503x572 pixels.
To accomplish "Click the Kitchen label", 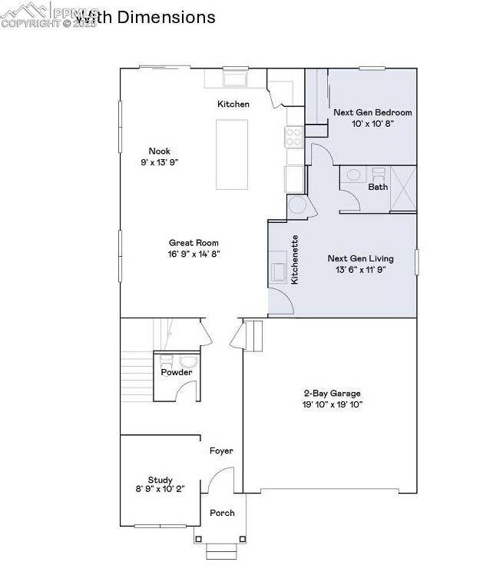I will click(x=233, y=104).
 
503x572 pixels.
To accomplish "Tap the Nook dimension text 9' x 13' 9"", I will click(x=160, y=162).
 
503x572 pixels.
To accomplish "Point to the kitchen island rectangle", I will click(x=231, y=154).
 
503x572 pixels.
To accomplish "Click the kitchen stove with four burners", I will click(x=294, y=137).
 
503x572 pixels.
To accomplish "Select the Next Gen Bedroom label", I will click(x=372, y=112).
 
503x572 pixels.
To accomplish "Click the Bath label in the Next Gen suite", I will click(x=378, y=187).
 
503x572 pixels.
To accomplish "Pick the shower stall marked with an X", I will click(x=403, y=188).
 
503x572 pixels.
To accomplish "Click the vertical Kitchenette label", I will click(x=295, y=261).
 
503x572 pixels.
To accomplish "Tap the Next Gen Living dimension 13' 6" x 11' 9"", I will click(x=359, y=270).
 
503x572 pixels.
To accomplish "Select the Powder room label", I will click(x=176, y=372).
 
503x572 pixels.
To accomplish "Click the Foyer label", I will click(x=221, y=451).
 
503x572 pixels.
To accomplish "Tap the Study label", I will click(x=160, y=479).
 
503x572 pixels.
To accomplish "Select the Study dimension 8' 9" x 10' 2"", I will click(x=160, y=489).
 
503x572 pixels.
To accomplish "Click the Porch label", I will click(x=222, y=513).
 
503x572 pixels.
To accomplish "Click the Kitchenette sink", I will click(x=278, y=272).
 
